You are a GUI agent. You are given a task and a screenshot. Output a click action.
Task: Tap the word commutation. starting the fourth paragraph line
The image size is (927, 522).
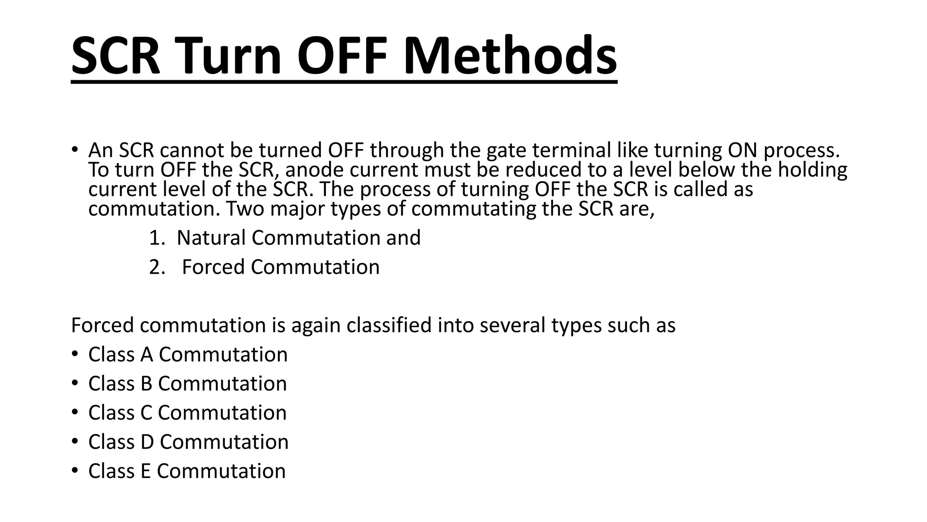154,209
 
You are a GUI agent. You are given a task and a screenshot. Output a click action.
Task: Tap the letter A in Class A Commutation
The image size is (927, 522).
147,354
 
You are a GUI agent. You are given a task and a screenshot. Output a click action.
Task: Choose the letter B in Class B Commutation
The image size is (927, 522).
146,384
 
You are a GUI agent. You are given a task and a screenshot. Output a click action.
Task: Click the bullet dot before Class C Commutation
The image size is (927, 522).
75,412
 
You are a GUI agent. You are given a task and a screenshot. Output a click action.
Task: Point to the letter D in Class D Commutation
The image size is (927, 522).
147,442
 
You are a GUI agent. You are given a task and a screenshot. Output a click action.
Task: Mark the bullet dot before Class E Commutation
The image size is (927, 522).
75,470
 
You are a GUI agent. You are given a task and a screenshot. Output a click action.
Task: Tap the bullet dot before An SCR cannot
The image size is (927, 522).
75,150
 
